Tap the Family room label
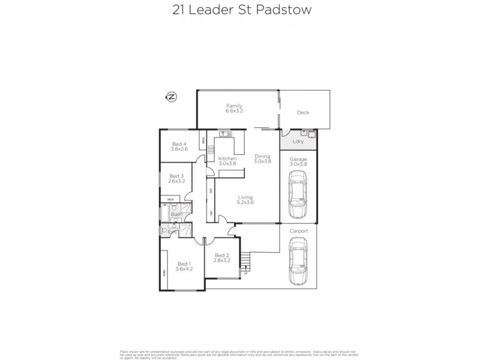(x=233, y=108)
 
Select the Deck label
(x=303, y=113)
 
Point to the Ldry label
(x=298, y=142)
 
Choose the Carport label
(x=298, y=230)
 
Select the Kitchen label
(x=227, y=160)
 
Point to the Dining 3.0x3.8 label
(x=263, y=158)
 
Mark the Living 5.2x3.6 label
(x=244, y=200)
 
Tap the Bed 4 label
(x=179, y=146)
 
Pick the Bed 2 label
(x=222, y=258)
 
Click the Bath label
(x=176, y=214)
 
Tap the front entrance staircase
(x=244, y=262)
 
